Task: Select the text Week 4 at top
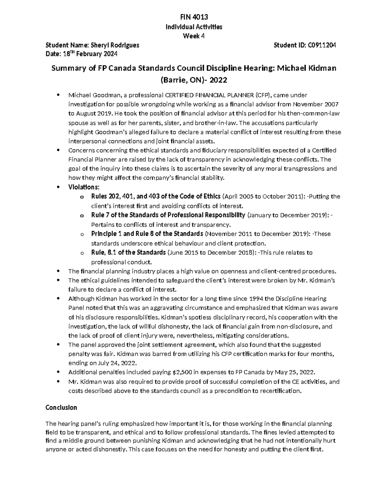(194, 36)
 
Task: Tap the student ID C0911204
(322, 45)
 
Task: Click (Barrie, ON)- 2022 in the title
(194, 80)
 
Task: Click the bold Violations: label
(84, 187)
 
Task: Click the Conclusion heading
(61, 407)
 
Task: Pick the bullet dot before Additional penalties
(58, 372)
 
